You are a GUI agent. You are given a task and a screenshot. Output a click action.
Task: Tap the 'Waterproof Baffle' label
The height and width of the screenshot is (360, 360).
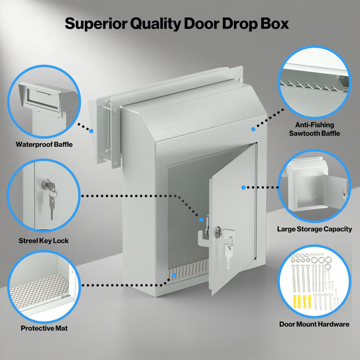coord(44,145)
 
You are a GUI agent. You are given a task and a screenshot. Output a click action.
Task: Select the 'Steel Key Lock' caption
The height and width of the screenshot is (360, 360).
coord(44,240)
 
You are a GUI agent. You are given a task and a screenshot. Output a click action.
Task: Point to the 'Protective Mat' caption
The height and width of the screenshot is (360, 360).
coord(44,328)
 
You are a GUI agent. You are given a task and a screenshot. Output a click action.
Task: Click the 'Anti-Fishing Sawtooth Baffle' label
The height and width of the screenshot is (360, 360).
coord(315,129)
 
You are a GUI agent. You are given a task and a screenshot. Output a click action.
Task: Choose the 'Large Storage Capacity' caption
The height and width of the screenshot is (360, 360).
coord(315,229)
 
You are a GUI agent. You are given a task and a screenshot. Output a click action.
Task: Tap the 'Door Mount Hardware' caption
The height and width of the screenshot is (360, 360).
coord(314,324)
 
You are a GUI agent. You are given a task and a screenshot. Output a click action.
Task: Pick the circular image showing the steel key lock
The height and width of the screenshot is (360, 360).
coord(44,196)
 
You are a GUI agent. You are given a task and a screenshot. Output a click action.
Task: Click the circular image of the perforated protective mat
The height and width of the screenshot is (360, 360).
coord(44,288)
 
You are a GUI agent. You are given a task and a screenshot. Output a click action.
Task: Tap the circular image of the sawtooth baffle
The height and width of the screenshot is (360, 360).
coord(315,82)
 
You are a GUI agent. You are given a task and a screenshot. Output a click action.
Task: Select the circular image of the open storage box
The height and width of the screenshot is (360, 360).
coord(315,186)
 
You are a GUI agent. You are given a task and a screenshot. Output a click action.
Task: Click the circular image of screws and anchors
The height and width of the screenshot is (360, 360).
coord(315,280)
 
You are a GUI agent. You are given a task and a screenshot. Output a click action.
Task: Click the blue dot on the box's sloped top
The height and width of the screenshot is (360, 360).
coord(253,129)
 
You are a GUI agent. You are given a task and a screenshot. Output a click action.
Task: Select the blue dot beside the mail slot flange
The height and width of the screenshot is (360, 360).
coord(91,131)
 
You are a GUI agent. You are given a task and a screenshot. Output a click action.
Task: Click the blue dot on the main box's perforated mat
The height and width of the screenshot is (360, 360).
coord(175,276)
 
